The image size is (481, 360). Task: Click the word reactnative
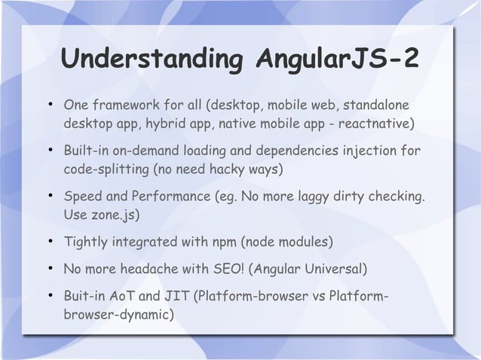(x=372, y=123)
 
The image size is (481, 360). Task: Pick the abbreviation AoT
(x=118, y=295)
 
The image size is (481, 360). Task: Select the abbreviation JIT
(x=173, y=295)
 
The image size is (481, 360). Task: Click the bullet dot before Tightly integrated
(x=49, y=242)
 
